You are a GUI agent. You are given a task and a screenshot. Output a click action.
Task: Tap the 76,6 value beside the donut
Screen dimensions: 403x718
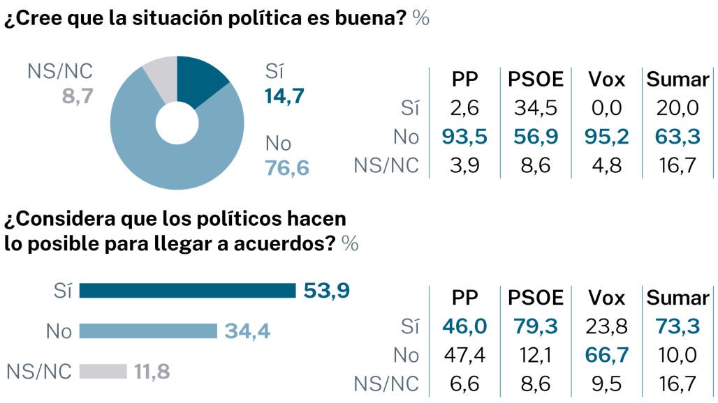(x=286, y=168)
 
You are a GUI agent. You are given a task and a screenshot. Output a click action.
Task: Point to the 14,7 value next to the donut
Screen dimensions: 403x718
(x=284, y=96)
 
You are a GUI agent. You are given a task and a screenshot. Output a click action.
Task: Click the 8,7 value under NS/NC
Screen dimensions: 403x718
(x=78, y=96)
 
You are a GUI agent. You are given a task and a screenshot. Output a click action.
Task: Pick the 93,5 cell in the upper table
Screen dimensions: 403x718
(x=464, y=137)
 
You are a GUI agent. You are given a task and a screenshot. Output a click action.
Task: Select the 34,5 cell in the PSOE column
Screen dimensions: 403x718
(x=535, y=108)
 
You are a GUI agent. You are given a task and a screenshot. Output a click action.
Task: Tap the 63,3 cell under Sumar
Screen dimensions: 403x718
(x=677, y=137)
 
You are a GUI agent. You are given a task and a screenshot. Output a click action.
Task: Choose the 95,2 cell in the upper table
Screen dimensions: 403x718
(x=606, y=137)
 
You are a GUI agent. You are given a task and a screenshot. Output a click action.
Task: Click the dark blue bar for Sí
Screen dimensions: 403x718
(x=187, y=291)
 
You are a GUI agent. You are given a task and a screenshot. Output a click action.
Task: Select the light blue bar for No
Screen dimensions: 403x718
(x=148, y=331)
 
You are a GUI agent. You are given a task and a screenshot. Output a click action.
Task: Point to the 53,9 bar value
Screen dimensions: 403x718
(x=326, y=291)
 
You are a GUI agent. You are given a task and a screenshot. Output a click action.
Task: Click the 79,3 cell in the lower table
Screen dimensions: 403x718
(x=535, y=327)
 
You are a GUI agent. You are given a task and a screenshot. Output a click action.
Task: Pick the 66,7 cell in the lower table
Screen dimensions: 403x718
(x=606, y=356)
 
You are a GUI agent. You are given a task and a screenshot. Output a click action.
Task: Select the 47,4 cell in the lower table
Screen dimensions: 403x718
(x=464, y=356)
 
